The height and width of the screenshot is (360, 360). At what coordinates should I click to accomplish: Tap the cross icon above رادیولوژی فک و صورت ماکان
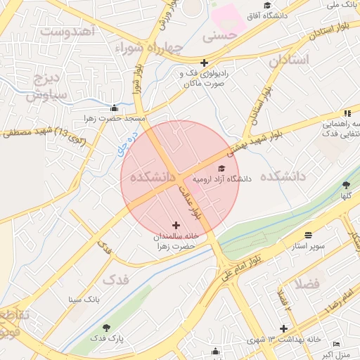pos(204,62)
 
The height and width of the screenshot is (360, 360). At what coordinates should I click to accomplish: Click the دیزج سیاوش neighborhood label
pos(47,86)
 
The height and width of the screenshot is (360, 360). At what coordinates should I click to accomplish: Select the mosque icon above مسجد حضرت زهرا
pos(115,108)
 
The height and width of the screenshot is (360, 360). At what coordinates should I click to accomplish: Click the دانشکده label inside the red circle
pos(148,177)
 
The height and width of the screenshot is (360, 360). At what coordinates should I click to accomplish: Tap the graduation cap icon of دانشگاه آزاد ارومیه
pos(222,168)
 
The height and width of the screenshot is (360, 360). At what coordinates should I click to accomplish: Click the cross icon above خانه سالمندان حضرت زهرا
pos(175,225)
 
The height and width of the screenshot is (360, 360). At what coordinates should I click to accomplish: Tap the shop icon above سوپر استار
pos(309,235)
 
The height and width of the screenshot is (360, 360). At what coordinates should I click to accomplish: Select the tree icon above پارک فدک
pos(106,328)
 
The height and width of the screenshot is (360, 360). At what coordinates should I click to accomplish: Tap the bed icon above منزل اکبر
pos(337,343)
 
